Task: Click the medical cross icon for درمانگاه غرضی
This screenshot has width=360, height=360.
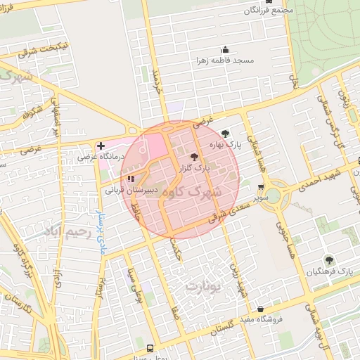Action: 101,146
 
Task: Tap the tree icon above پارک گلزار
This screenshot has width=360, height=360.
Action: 194,157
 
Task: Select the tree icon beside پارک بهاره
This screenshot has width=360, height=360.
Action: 225,133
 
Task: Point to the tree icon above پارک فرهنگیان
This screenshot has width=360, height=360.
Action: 329,260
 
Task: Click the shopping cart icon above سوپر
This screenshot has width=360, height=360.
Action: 262,187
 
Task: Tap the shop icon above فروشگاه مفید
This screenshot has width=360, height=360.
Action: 260,309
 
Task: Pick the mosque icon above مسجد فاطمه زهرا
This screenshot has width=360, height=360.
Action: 225,50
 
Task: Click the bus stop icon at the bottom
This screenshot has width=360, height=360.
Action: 149,348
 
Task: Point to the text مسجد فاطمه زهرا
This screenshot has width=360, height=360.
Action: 246,60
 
